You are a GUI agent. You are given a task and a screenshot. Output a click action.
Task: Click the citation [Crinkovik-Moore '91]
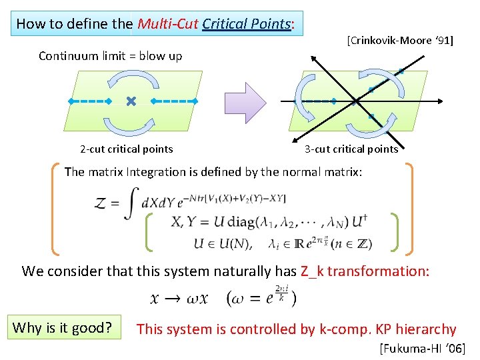399,41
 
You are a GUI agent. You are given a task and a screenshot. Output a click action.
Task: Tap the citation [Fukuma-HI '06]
422,348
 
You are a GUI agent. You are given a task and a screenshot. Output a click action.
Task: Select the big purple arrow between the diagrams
245,103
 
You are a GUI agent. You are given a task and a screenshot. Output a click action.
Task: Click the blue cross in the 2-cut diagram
131,101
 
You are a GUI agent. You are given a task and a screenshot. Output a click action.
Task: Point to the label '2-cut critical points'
126,149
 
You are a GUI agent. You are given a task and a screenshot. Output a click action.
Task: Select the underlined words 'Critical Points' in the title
247,24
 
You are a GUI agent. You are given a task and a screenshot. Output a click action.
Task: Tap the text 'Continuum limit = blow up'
110,56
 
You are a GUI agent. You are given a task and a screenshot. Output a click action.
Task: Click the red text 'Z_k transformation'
371,271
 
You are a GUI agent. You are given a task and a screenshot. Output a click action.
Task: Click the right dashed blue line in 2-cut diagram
172,101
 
